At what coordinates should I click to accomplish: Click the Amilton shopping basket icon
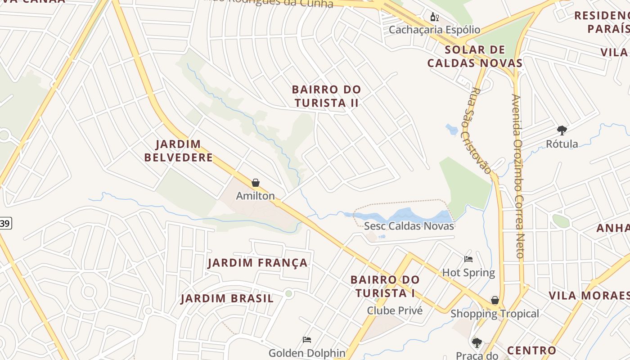click(256, 183)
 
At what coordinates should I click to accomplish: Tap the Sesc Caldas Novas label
click(409, 226)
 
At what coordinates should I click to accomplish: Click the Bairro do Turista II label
click(326, 96)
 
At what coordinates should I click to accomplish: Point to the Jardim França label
click(257, 263)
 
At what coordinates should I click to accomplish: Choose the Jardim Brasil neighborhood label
click(227, 298)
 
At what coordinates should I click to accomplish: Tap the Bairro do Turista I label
click(385, 286)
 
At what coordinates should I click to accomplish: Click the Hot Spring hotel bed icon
click(468, 259)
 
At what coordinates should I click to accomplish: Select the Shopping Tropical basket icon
click(495, 300)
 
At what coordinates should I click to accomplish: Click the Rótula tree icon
click(562, 131)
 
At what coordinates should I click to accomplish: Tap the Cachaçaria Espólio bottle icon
click(434, 17)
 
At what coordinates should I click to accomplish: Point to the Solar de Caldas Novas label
click(475, 56)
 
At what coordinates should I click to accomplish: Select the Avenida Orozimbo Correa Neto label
click(518, 175)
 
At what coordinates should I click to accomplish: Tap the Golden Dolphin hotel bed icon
click(307, 340)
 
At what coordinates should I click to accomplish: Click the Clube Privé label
click(395, 310)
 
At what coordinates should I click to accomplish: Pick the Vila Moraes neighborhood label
click(589, 296)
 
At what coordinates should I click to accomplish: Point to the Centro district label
click(531, 350)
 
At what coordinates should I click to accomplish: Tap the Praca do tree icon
click(477, 343)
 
